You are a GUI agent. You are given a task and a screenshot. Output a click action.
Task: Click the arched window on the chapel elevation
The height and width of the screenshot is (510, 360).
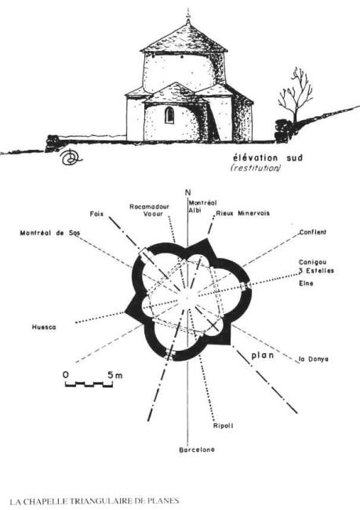[169, 115]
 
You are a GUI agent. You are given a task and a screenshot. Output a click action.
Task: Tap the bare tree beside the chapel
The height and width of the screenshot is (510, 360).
[295, 97]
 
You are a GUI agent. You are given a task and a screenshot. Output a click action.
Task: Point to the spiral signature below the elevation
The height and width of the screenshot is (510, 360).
[70, 157]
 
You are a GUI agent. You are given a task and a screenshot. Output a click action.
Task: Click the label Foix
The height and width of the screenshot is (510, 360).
[96, 214]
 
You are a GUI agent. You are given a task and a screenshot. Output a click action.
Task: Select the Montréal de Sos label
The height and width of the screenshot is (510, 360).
[50, 233]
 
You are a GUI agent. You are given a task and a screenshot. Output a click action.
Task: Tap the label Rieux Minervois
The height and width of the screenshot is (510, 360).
[242, 213]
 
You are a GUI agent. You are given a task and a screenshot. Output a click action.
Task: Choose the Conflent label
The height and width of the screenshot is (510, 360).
[312, 232]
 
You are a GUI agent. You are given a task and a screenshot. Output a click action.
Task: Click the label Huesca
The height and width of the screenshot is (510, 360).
[44, 327]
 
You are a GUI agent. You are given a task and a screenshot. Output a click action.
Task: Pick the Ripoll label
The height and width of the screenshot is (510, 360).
[223, 426]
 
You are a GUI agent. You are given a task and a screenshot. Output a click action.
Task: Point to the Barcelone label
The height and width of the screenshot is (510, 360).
[197, 450]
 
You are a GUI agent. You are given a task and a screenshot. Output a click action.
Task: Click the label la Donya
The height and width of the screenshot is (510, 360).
[314, 359]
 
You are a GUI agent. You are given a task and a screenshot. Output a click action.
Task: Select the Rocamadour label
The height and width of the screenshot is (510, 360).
[149, 206]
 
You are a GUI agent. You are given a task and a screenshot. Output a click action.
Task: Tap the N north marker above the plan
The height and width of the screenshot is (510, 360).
[188, 192]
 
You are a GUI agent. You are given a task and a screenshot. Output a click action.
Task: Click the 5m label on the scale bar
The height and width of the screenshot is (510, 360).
[115, 375]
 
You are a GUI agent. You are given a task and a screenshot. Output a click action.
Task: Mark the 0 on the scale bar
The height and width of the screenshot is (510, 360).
[66, 375]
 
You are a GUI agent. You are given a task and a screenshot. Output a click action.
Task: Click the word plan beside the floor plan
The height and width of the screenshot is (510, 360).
[263, 355]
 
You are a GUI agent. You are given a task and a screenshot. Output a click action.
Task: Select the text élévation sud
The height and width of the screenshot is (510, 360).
[268, 158]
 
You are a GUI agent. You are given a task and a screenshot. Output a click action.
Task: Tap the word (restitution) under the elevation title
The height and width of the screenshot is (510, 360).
[255, 168]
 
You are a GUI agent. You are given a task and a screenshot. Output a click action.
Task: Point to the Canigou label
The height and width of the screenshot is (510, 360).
[313, 262]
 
